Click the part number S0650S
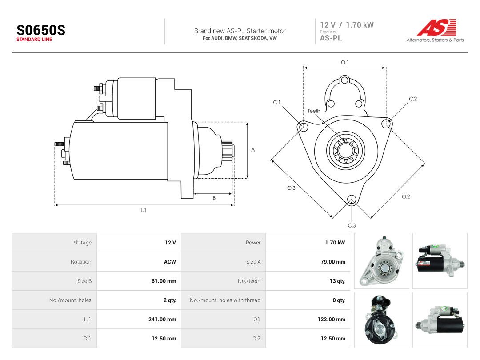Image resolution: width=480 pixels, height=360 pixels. pos(41,30)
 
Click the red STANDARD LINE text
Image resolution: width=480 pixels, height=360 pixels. pos(34,40)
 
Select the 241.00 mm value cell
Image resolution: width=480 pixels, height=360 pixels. pos(162,319)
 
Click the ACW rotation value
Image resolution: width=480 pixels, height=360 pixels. pos(170,262)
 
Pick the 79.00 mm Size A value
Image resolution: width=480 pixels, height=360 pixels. pos(333,262)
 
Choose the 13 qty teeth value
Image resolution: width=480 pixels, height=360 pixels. pos(337,281)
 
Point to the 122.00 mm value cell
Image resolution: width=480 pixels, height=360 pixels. pos(331,319)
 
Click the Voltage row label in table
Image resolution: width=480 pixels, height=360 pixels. pos(82,243)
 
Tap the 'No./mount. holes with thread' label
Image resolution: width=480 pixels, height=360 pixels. pos(225,300)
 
